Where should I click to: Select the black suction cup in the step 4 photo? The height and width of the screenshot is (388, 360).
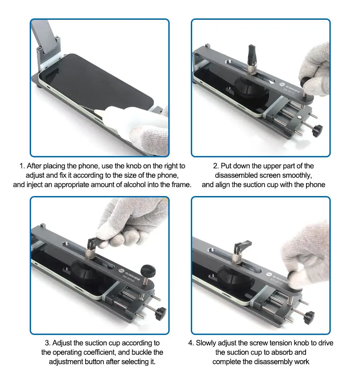pyautogui.click(x=235, y=275)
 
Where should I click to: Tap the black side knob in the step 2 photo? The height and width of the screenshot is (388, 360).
pyautogui.click(x=317, y=131)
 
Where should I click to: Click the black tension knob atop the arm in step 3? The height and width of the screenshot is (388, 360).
pyautogui.click(x=148, y=271)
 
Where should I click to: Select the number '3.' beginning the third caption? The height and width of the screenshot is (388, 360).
pyautogui.click(x=48, y=343)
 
